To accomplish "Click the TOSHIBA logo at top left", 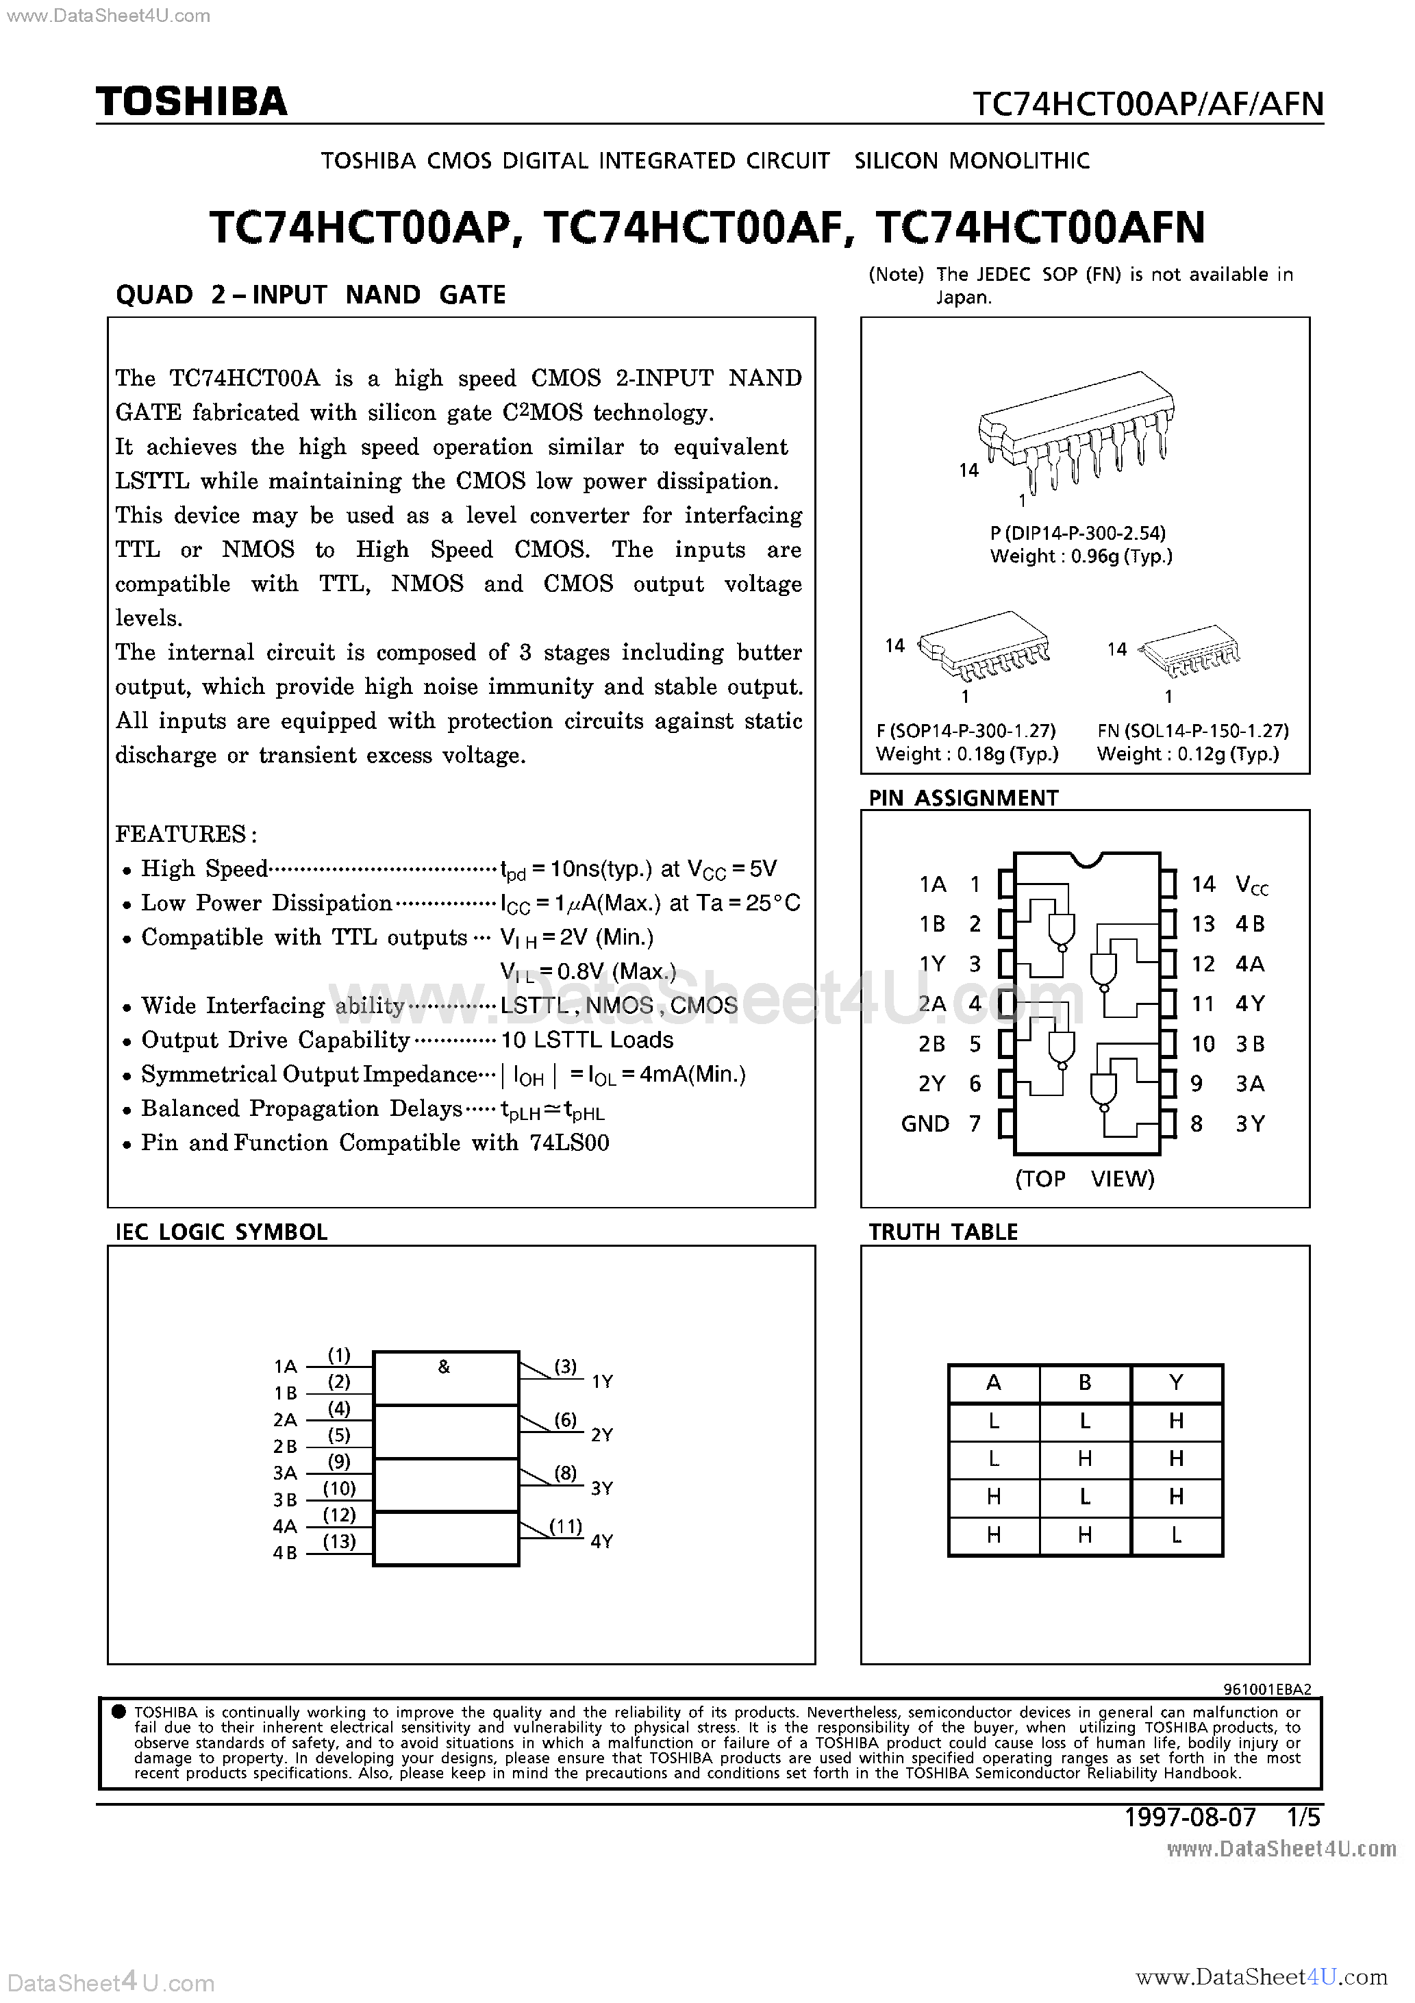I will tap(191, 102).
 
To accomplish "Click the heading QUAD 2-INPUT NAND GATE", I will tap(310, 295).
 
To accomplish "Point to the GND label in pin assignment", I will tap(925, 1123).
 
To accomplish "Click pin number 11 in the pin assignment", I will tap(1203, 1004).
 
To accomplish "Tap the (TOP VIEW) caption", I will tap(1084, 1179).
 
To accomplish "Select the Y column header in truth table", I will tap(1176, 1383).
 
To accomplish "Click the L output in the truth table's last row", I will tap(1176, 1535).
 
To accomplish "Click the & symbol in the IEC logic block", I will tap(444, 1367).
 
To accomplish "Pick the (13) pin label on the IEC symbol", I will tap(339, 1541).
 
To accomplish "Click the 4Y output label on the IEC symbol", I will tap(602, 1541).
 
